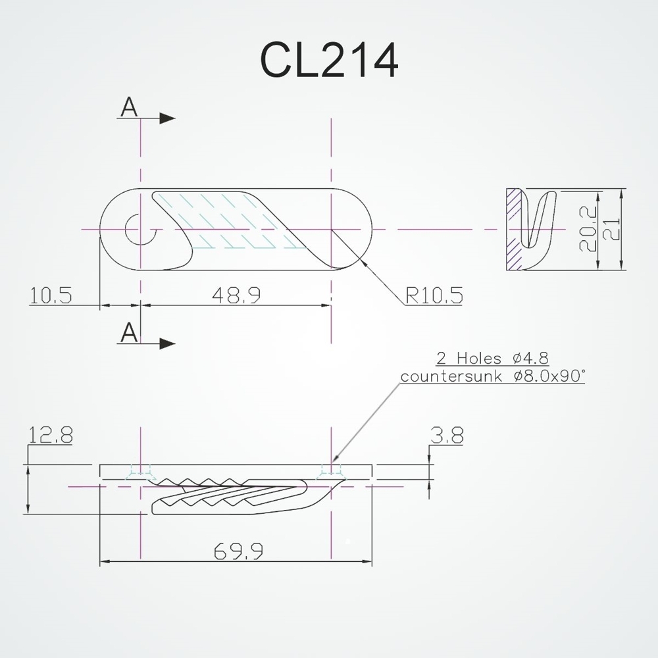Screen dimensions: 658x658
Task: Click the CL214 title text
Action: pos(330,61)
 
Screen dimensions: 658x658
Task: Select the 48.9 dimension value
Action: pos(236,295)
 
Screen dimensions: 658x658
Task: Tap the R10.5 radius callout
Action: pos(434,295)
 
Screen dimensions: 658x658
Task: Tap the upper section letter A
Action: pos(130,108)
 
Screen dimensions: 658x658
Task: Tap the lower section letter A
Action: pos(130,333)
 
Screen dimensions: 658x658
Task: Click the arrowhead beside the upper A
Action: pos(168,118)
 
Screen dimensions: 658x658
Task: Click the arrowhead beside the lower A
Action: pos(168,343)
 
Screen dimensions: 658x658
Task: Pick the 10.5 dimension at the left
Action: pos(51,295)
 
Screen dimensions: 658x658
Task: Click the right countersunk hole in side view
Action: pos(330,471)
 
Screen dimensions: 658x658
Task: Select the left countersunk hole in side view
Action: pos(140,471)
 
